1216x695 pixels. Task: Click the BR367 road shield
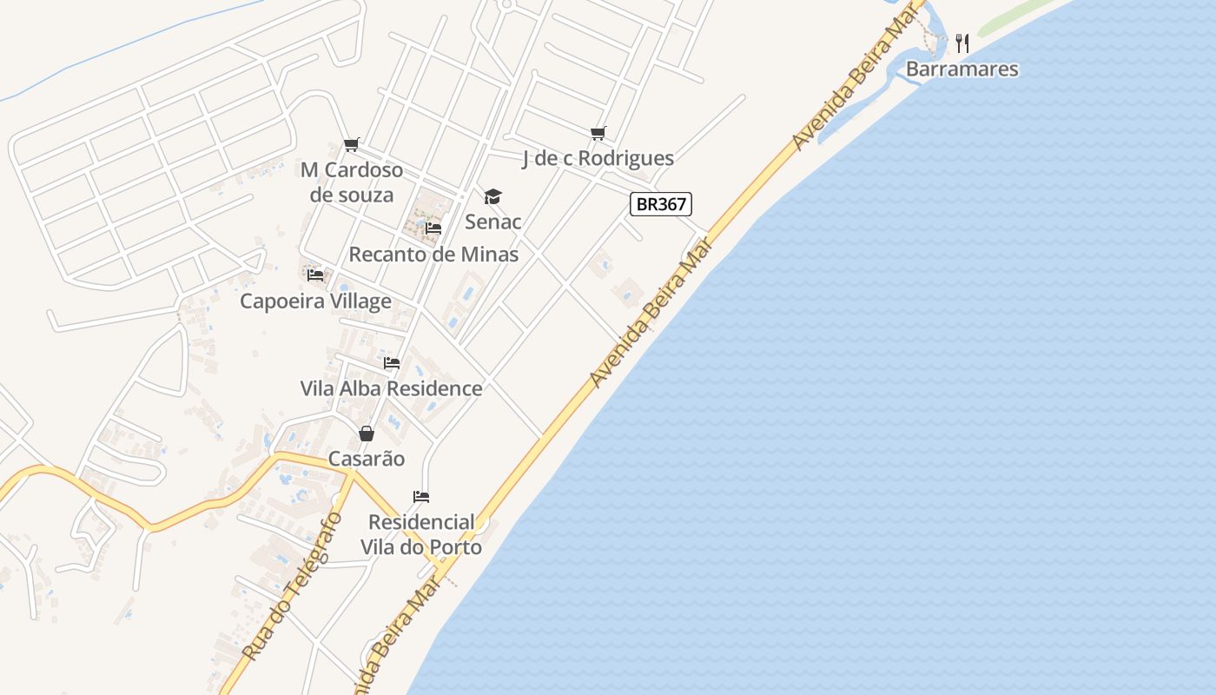pyautogui.click(x=661, y=205)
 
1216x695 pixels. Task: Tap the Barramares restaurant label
pyautogui.click(x=962, y=69)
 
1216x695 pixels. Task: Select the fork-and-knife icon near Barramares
pyautogui.click(x=962, y=43)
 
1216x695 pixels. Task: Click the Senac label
pyautogui.click(x=493, y=222)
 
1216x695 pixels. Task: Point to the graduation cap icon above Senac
pyautogui.click(x=492, y=197)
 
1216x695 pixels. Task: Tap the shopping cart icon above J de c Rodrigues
pyautogui.click(x=598, y=133)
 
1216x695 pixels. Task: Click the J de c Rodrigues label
pyautogui.click(x=598, y=158)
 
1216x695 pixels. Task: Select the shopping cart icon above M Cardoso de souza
pyautogui.click(x=351, y=144)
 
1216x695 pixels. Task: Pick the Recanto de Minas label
pyautogui.click(x=433, y=255)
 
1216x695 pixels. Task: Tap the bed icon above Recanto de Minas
pyautogui.click(x=433, y=228)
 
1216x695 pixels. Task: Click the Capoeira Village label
pyautogui.click(x=315, y=301)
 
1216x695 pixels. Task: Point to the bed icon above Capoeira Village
pyautogui.click(x=315, y=275)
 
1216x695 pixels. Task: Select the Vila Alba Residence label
pyautogui.click(x=391, y=388)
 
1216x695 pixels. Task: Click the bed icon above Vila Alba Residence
pyautogui.click(x=392, y=362)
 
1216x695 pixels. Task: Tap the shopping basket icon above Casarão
pyautogui.click(x=367, y=433)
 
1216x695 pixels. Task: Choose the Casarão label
pyautogui.click(x=367, y=459)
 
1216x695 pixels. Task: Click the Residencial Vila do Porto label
pyautogui.click(x=421, y=534)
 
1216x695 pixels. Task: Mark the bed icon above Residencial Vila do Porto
pyautogui.click(x=421, y=497)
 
